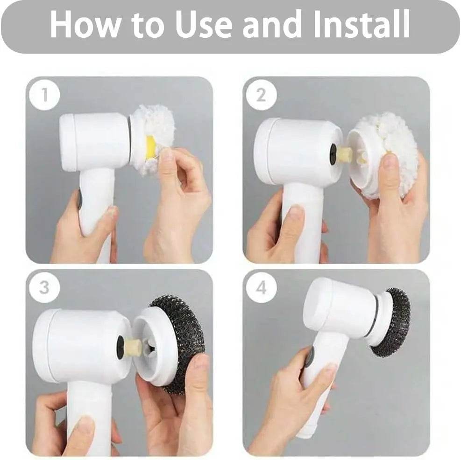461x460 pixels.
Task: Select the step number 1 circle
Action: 45,96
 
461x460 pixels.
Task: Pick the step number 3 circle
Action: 44,287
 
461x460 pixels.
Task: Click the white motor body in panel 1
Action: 93,140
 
